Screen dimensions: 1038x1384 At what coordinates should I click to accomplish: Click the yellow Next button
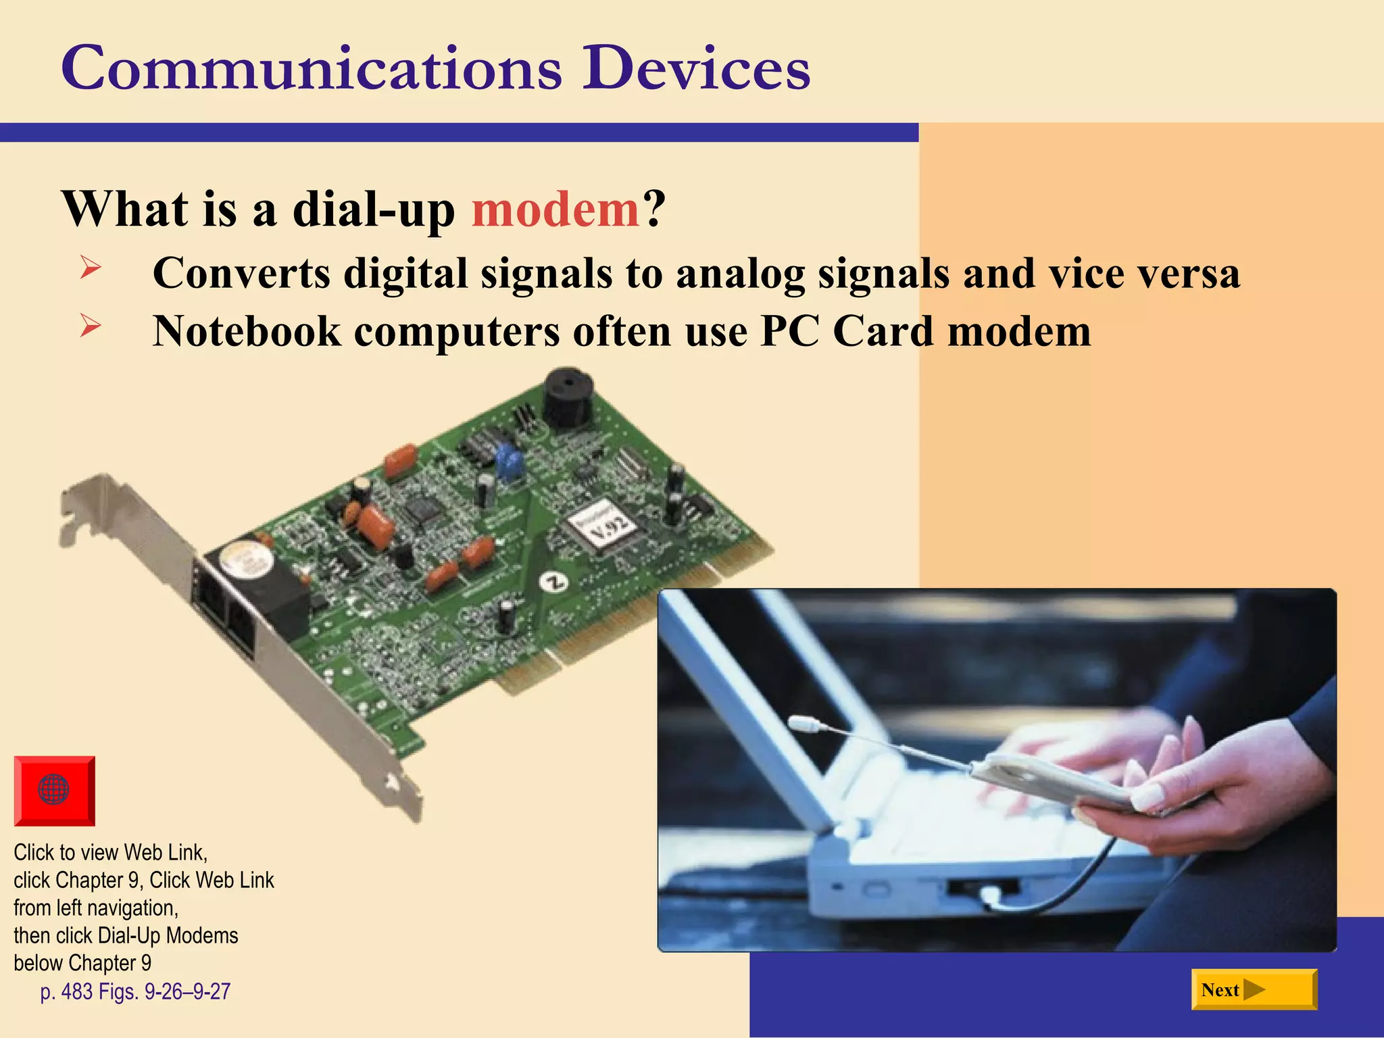click(x=1254, y=989)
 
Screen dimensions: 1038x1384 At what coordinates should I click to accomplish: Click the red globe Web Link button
click(x=54, y=790)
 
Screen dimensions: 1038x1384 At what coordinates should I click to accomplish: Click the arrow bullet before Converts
click(x=90, y=268)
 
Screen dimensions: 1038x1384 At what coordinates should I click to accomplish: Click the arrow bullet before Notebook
click(x=90, y=326)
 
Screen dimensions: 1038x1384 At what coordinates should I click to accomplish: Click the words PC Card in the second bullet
click(x=848, y=331)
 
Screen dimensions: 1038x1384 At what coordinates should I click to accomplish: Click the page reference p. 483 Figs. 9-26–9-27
click(x=135, y=991)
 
